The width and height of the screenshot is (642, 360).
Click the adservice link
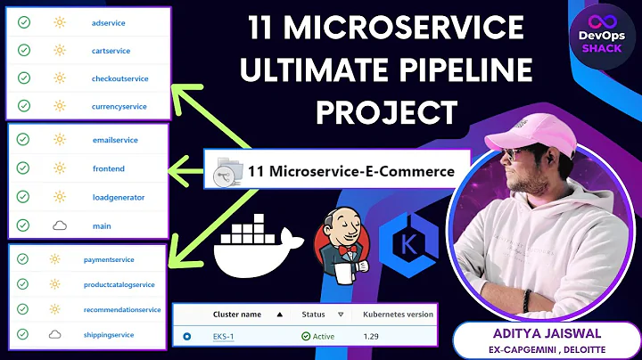(110, 21)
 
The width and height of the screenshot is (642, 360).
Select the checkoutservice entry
(119, 79)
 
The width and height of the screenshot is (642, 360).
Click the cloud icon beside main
(60, 226)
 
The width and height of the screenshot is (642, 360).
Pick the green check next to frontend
(23, 168)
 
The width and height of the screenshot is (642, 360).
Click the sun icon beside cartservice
(60, 50)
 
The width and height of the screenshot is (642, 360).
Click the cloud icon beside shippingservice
(55, 334)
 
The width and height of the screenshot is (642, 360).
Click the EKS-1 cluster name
(225, 337)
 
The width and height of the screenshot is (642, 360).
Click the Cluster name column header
(236, 314)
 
